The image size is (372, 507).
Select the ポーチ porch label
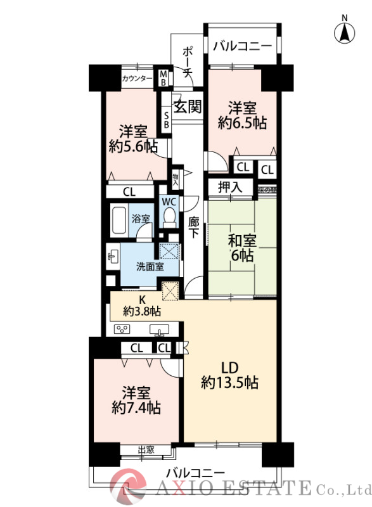point(188,62)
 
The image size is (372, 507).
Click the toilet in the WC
point(169,218)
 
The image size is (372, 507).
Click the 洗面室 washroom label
point(150,266)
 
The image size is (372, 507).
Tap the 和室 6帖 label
point(241,248)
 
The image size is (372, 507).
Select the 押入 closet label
point(230,187)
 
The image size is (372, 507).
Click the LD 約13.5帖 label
point(229,375)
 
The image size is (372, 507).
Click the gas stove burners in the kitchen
point(121,329)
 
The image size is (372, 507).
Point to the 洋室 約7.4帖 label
point(134,400)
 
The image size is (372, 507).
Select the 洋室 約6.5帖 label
point(241,115)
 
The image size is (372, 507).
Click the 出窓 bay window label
point(147,450)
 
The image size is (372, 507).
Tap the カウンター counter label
point(137,79)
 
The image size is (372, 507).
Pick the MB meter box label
point(163,77)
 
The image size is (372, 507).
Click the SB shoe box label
point(166,119)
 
